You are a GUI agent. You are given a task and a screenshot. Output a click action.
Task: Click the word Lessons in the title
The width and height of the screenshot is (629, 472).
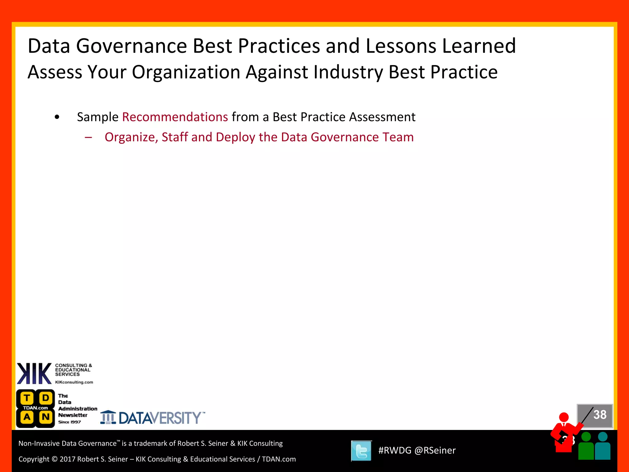[x=400, y=46]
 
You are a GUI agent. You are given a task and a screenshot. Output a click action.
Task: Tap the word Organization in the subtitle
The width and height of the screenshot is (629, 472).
[x=186, y=72]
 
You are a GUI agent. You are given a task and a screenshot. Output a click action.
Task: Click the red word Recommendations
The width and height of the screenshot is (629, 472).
[x=175, y=117]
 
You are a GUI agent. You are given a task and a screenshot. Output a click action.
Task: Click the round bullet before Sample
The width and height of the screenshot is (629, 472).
[x=57, y=117]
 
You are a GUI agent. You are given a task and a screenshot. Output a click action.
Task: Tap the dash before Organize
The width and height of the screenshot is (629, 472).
[x=88, y=137]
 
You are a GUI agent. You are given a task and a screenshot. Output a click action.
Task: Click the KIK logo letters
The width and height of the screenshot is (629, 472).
[x=34, y=373]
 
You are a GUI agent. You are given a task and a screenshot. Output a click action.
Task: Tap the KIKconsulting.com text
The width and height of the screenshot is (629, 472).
[x=74, y=382]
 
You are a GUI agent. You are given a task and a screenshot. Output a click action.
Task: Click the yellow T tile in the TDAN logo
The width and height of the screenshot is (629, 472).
[x=27, y=398]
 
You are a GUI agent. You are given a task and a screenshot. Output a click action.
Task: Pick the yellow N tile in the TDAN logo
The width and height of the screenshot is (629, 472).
[x=46, y=417]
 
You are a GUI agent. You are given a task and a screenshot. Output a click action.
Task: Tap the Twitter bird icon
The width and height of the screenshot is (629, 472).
[x=361, y=451]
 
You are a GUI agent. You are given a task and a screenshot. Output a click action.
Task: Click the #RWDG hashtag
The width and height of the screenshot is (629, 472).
[x=395, y=450]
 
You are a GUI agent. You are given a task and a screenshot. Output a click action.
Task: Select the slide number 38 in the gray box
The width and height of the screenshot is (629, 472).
[x=600, y=415]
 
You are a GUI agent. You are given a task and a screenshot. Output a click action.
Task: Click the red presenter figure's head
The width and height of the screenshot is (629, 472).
[x=564, y=417]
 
